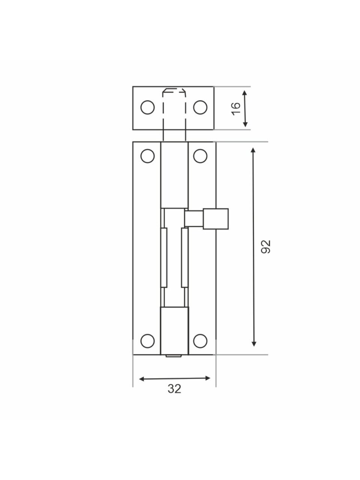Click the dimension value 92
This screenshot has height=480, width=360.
pos(266,247)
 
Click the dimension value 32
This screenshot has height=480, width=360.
pos(174,389)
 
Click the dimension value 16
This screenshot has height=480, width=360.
pos(236,109)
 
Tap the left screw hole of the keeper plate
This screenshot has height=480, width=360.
pos(147,107)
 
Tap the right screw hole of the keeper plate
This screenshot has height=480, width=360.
pos(200,107)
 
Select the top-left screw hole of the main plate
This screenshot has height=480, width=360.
pos(147,156)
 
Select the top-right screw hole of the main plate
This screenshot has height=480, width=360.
pos(200,156)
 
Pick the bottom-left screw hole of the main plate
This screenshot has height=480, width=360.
pos(147,341)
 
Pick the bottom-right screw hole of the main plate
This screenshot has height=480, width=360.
pos(200,341)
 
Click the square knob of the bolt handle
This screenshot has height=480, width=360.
pos(216,219)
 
